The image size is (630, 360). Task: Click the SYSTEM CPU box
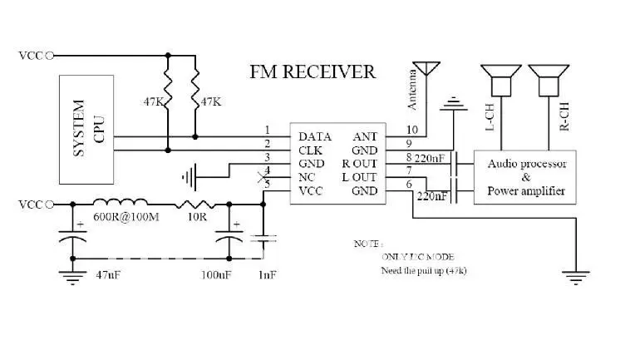86,129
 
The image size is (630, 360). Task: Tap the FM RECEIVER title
312,72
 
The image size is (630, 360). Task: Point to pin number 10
411,130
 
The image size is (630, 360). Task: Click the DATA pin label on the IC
315,136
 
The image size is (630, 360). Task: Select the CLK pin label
311,150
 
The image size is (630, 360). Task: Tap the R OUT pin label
358,164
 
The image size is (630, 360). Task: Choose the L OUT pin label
358,177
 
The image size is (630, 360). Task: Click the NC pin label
306,177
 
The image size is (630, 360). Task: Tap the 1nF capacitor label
268,274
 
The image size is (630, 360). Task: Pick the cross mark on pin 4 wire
263,177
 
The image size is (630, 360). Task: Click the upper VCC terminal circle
49,56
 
